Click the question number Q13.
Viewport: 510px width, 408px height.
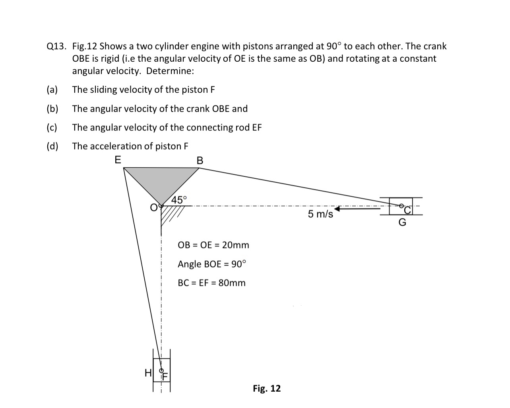[x=56, y=47]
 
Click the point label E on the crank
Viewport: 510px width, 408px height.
[x=118, y=160]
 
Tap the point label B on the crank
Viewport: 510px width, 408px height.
[x=200, y=160]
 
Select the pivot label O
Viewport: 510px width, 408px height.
[x=153, y=207]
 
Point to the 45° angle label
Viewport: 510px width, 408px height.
[x=178, y=199]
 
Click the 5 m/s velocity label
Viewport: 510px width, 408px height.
[x=320, y=214]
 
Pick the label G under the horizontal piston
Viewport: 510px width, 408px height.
[x=402, y=223]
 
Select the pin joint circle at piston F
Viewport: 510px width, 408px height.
[x=161, y=370]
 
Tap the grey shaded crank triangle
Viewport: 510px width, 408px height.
[x=161, y=181]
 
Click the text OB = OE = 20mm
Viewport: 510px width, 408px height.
[x=213, y=245]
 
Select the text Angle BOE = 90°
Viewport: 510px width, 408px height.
[x=212, y=264]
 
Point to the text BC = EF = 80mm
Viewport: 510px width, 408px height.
[x=211, y=283]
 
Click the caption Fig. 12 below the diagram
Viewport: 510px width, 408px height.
[x=267, y=388]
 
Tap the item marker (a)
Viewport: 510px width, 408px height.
[x=52, y=90]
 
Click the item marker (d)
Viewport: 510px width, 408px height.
[x=52, y=146]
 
